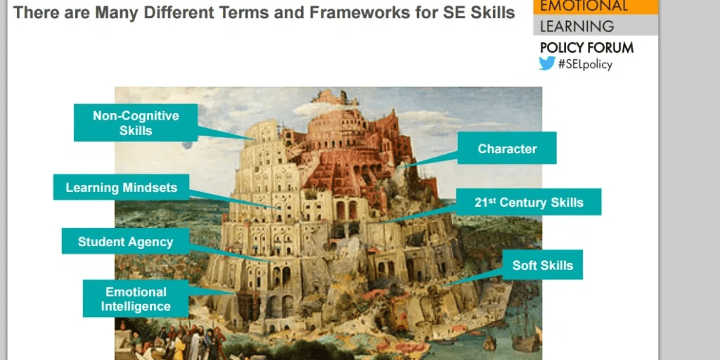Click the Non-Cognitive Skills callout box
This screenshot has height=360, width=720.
coord(136,122)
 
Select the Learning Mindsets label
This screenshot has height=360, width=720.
coord(121,187)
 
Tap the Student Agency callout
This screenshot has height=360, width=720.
coord(125,242)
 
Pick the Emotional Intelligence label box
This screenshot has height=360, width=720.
coord(136,298)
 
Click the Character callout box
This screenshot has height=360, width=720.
coord(507,148)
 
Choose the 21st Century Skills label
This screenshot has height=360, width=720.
coord(529,202)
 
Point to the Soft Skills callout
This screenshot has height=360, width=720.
coord(543,265)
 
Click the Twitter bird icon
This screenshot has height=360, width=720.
coord(547,63)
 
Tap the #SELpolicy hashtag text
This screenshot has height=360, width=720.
coord(585,64)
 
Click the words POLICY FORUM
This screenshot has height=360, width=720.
coord(587,47)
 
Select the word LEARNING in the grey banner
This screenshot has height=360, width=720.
coord(577,26)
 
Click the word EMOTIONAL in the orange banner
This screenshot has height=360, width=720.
coord(583,5)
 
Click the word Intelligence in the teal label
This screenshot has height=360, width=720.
coord(136,307)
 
